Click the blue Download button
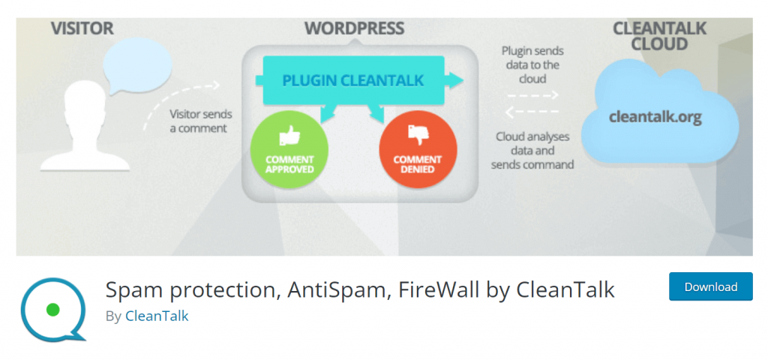711,286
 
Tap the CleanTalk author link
157,316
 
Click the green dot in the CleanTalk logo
52,310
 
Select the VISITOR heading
82,28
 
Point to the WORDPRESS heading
355,28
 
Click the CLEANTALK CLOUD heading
659,36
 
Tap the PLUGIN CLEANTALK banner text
352,80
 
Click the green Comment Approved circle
289,149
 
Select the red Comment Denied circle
418,149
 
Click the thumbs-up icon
289,136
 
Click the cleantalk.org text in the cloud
655,118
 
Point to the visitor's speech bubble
137,66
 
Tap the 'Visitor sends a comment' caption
201,121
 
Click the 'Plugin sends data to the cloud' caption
532,64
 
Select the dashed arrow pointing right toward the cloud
533,95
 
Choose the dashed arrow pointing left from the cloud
532,112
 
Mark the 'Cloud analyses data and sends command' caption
532,150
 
